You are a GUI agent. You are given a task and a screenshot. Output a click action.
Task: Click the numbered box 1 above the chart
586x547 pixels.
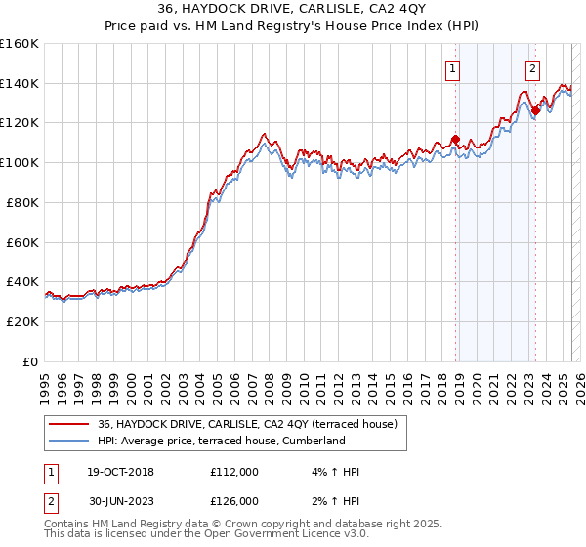[x=454, y=68]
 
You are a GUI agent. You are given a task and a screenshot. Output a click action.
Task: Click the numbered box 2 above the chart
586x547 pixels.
[x=533, y=68]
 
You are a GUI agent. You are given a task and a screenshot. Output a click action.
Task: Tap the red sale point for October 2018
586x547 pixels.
[x=455, y=139]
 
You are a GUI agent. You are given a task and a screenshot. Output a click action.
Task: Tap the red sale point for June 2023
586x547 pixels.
[x=535, y=111]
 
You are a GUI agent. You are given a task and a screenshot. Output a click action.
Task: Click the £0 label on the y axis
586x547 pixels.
[x=30, y=361]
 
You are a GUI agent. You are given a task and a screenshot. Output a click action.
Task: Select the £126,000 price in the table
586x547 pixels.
[x=234, y=500]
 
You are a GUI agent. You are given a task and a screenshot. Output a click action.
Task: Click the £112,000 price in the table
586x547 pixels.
[x=234, y=472]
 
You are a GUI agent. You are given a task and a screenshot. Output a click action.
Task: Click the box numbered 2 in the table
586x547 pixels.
[x=49, y=500]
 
